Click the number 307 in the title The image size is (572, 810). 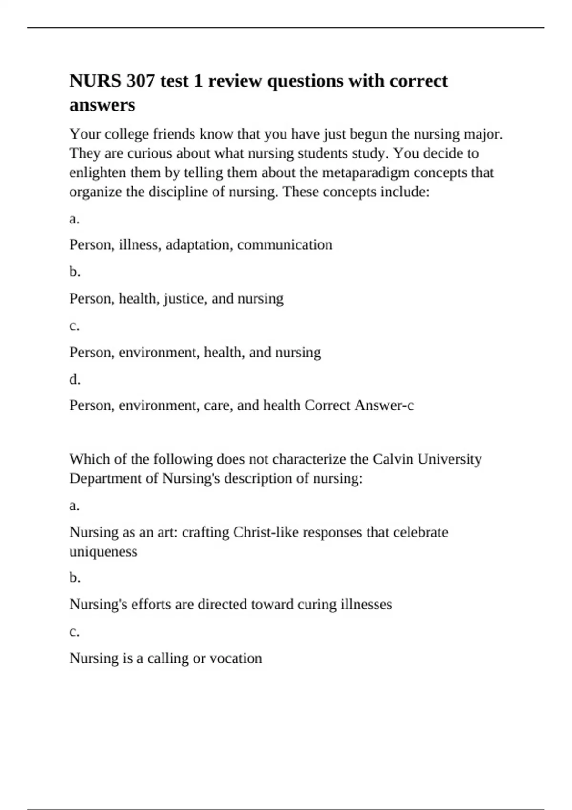pyautogui.click(x=141, y=81)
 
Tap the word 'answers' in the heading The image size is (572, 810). pyautogui.click(x=102, y=105)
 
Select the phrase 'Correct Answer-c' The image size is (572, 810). pyautogui.click(x=359, y=405)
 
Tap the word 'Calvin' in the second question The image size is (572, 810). pyautogui.click(x=393, y=459)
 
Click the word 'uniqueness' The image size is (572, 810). pyautogui.click(x=103, y=552)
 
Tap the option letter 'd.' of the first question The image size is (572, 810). pyautogui.click(x=75, y=380)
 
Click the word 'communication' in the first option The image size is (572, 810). pyautogui.click(x=285, y=245)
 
